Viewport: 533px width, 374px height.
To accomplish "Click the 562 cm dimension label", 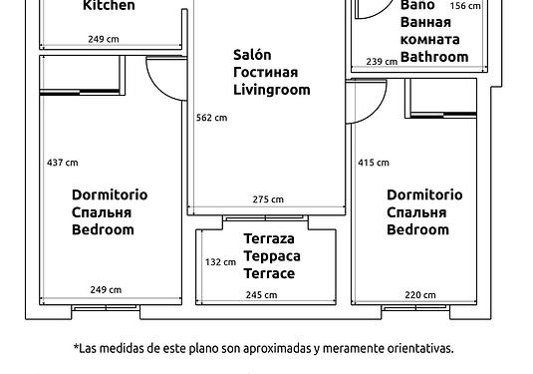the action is (x=211, y=118).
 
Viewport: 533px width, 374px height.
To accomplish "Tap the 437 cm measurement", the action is (x=63, y=163).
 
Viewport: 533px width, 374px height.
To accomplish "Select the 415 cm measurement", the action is (x=374, y=163).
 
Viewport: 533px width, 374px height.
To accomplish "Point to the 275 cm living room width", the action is (x=268, y=199).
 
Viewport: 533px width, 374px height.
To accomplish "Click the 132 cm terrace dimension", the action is (x=220, y=262).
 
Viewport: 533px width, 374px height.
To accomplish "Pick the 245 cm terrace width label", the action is (x=261, y=294).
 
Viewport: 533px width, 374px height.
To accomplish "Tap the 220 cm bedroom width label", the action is (x=420, y=294).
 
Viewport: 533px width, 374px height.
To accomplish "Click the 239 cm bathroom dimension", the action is (x=382, y=62).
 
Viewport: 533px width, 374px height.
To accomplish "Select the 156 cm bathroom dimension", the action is (x=465, y=6).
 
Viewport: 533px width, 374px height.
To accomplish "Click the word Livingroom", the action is (x=272, y=90).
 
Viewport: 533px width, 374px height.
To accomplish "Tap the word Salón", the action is (x=252, y=55).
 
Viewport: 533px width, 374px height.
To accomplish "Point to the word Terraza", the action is (x=269, y=238).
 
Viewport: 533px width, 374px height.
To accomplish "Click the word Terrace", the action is (x=269, y=273).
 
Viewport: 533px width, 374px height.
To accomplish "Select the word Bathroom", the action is (x=434, y=57).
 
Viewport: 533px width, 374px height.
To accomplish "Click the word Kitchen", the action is (x=109, y=5).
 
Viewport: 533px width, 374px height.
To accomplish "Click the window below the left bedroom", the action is (x=106, y=308).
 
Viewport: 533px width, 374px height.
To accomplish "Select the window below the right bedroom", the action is (x=415, y=308).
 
